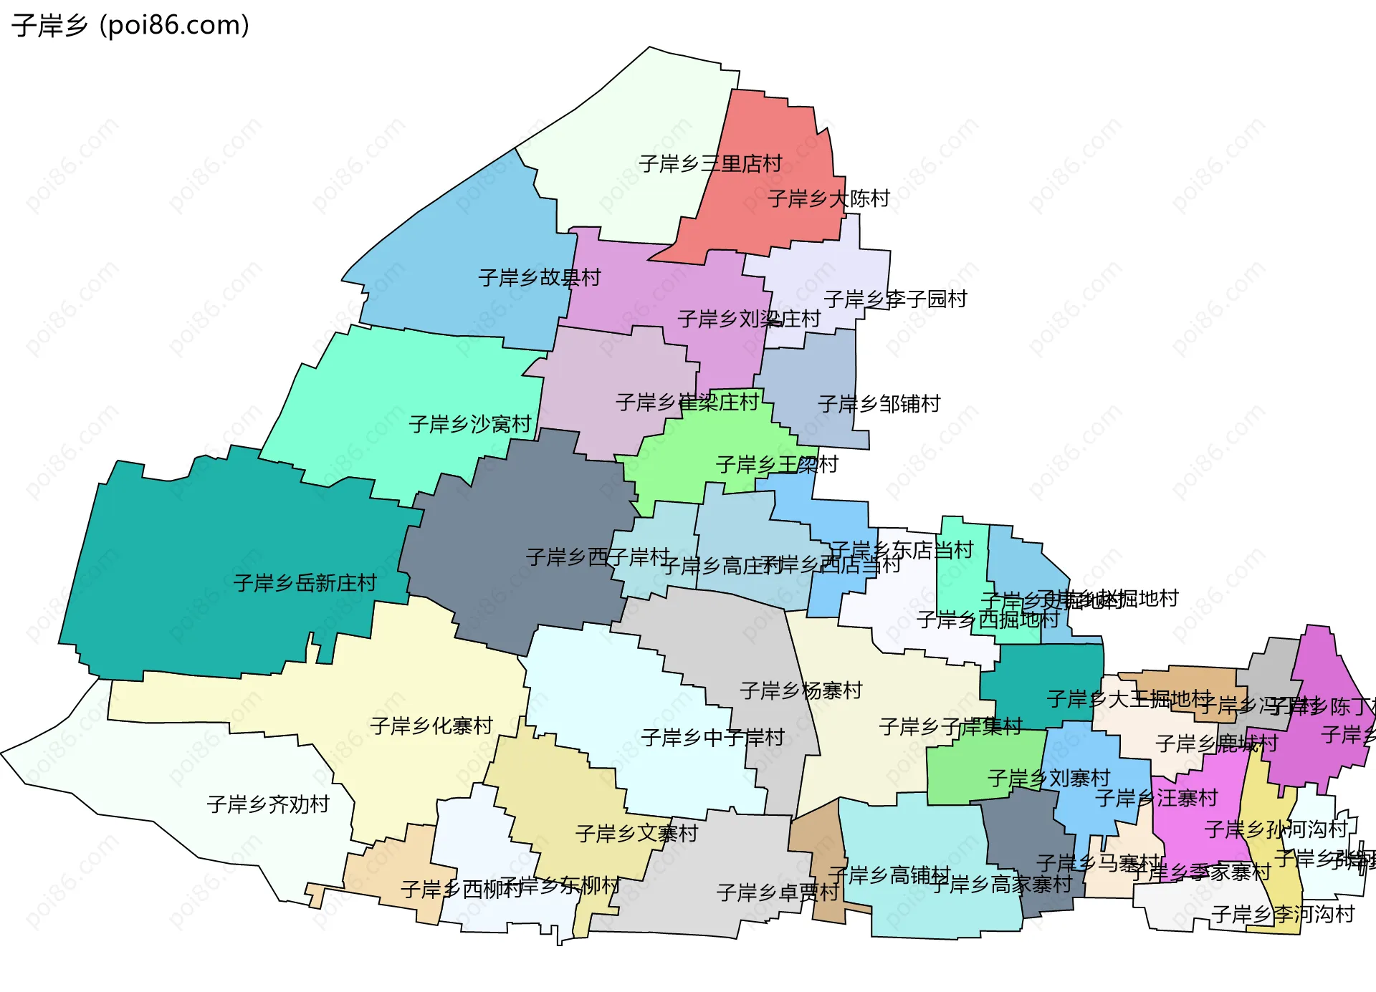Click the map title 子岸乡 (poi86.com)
coord(130,26)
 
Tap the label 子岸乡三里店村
coord(710,164)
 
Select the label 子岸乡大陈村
coord(828,198)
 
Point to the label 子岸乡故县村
coord(539,278)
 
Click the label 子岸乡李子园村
coord(895,299)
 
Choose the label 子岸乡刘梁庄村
coord(749,319)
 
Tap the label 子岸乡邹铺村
coord(879,405)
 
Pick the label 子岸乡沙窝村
coord(470,425)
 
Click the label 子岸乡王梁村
coord(777,466)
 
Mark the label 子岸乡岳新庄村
coord(305,583)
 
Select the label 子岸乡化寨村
coord(431,726)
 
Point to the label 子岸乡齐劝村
coord(268,805)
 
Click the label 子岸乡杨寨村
coord(801,691)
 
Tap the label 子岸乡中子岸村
coord(712,738)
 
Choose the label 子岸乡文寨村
coord(636,834)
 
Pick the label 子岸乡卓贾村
coord(778,893)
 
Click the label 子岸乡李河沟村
coord(1282,915)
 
